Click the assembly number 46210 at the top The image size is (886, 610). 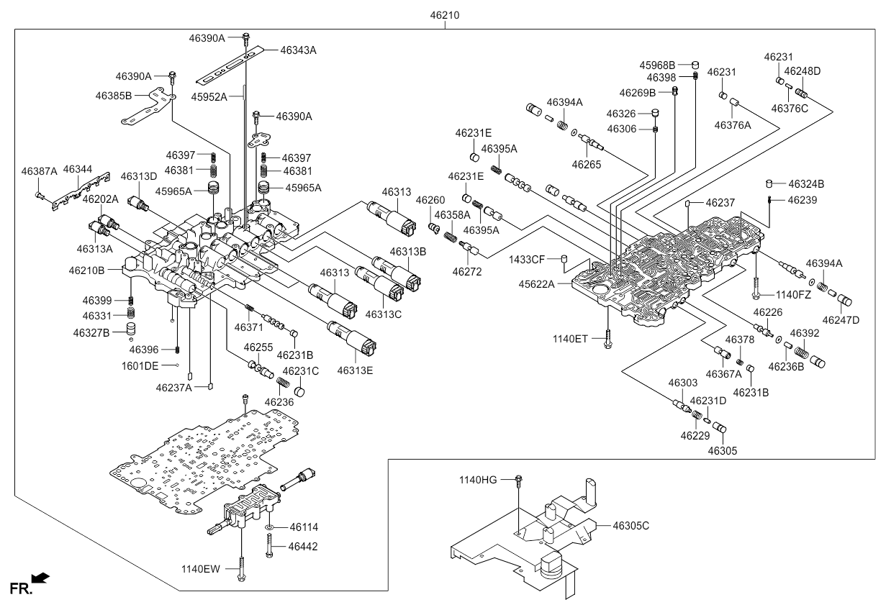tap(445, 15)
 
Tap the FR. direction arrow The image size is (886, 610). tap(40, 578)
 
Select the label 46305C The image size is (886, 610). tap(631, 526)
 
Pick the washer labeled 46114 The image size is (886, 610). tap(269, 527)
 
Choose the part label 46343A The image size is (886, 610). tap(298, 50)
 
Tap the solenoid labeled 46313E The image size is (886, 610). tap(351, 339)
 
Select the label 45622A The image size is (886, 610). tap(536, 284)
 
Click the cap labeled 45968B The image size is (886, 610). tap(695, 65)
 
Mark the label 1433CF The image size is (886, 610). tap(526, 260)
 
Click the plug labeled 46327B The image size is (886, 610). tap(131, 329)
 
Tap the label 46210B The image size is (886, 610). tap(86, 270)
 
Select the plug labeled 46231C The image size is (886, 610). tap(300, 393)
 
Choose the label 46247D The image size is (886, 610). tap(841, 320)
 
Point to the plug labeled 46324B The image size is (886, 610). tap(769, 184)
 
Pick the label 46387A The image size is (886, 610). tap(39, 171)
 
